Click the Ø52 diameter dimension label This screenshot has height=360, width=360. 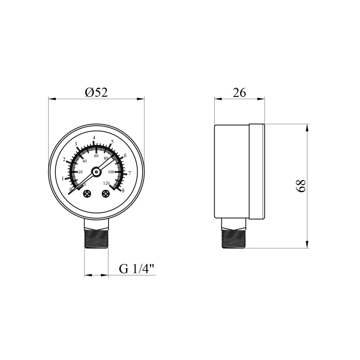tap(96, 93)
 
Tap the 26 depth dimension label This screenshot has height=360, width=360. tap(239, 93)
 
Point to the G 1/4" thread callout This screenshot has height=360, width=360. tap(137, 269)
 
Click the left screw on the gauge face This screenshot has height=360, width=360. tap(87, 194)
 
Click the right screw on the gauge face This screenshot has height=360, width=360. tap(106, 194)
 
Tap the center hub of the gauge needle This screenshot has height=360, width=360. tap(96, 172)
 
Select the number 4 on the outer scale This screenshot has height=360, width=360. tap(94, 138)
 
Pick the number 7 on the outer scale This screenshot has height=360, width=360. tap(130, 173)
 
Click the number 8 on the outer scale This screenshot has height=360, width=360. tap(123, 190)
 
